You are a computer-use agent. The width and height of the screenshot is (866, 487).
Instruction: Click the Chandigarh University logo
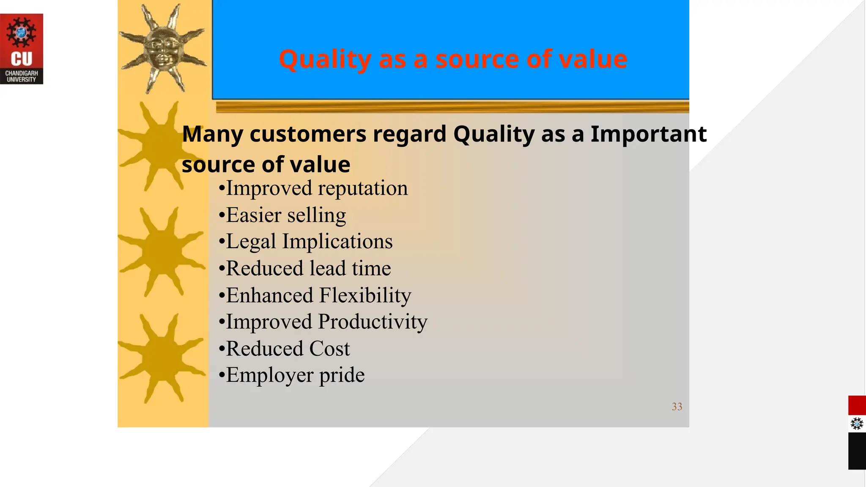pyautogui.click(x=21, y=49)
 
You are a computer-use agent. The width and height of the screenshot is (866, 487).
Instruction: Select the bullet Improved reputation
pyautogui.click(x=313, y=188)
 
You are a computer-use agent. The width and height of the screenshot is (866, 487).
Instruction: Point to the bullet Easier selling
pyautogui.click(x=282, y=215)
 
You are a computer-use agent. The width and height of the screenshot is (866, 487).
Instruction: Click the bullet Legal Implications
pyautogui.click(x=305, y=242)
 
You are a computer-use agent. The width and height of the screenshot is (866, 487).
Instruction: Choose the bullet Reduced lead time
pyautogui.click(x=304, y=268)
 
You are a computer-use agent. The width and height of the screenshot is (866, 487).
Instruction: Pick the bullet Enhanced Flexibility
pyautogui.click(x=315, y=295)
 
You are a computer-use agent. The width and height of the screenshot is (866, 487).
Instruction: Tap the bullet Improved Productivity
pyautogui.click(x=323, y=322)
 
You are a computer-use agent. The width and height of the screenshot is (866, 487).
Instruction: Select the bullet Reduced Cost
pyautogui.click(x=284, y=349)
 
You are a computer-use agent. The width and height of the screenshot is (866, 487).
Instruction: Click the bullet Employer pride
pyautogui.click(x=291, y=375)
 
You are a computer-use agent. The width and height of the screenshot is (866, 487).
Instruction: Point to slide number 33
pyautogui.click(x=677, y=407)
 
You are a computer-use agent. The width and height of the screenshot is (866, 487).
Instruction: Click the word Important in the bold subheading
pyautogui.click(x=648, y=134)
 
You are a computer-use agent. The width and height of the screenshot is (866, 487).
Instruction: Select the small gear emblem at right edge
pyautogui.click(x=857, y=424)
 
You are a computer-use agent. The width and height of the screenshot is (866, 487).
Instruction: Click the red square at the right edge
pyautogui.click(x=857, y=405)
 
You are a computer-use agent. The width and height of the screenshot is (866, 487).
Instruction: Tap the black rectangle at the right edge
pyautogui.click(x=857, y=451)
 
